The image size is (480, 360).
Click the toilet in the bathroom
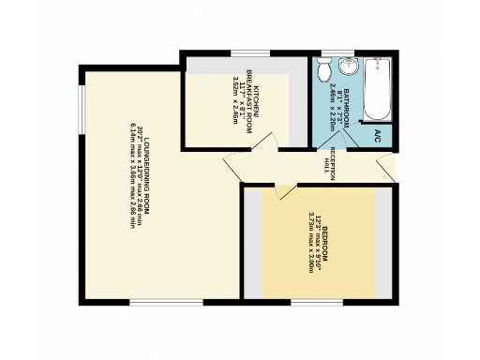pos(322,69)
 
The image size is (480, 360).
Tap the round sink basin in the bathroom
pos(348,66)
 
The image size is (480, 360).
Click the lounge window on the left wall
pos(82,112)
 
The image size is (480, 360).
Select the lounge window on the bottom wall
pos(165,302)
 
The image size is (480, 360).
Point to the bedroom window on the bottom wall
pos(317,302)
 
